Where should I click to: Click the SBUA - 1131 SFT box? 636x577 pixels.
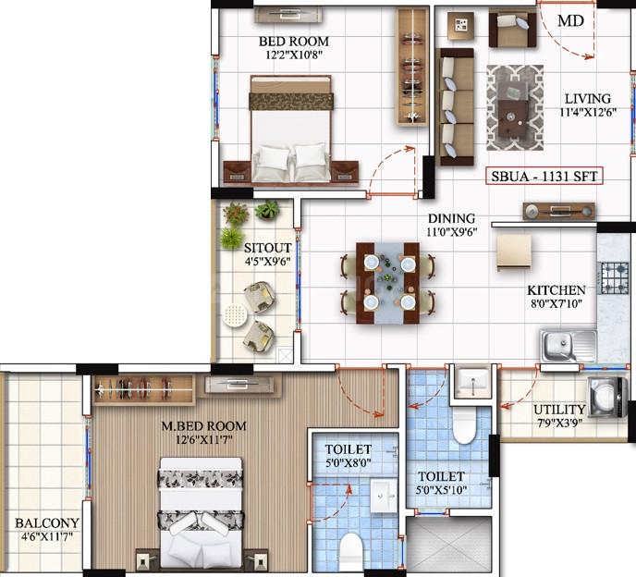(544, 176)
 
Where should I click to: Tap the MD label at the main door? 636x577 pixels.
(570, 20)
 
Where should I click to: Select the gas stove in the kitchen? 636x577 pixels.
(615, 278)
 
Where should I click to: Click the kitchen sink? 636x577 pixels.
(569, 345)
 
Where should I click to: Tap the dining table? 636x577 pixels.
(387, 283)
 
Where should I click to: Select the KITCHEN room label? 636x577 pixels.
(556, 290)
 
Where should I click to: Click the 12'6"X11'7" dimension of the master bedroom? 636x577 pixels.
(204, 439)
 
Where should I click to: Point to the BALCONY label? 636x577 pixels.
(46, 523)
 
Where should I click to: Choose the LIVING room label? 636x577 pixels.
(588, 99)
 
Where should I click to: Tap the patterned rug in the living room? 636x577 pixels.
(515, 108)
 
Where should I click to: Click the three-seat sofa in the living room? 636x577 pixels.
(456, 106)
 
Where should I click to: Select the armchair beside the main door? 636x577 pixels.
(512, 27)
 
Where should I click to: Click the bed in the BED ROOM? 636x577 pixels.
(291, 129)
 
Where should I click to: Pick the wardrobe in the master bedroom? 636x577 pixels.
(143, 389)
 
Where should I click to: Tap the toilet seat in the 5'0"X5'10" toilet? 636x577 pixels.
(464, 425)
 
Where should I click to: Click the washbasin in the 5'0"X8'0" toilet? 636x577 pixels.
(384, 496)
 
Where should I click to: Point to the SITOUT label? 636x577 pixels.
(267, 248)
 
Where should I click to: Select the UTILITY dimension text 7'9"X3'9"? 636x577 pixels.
(560, 424)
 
